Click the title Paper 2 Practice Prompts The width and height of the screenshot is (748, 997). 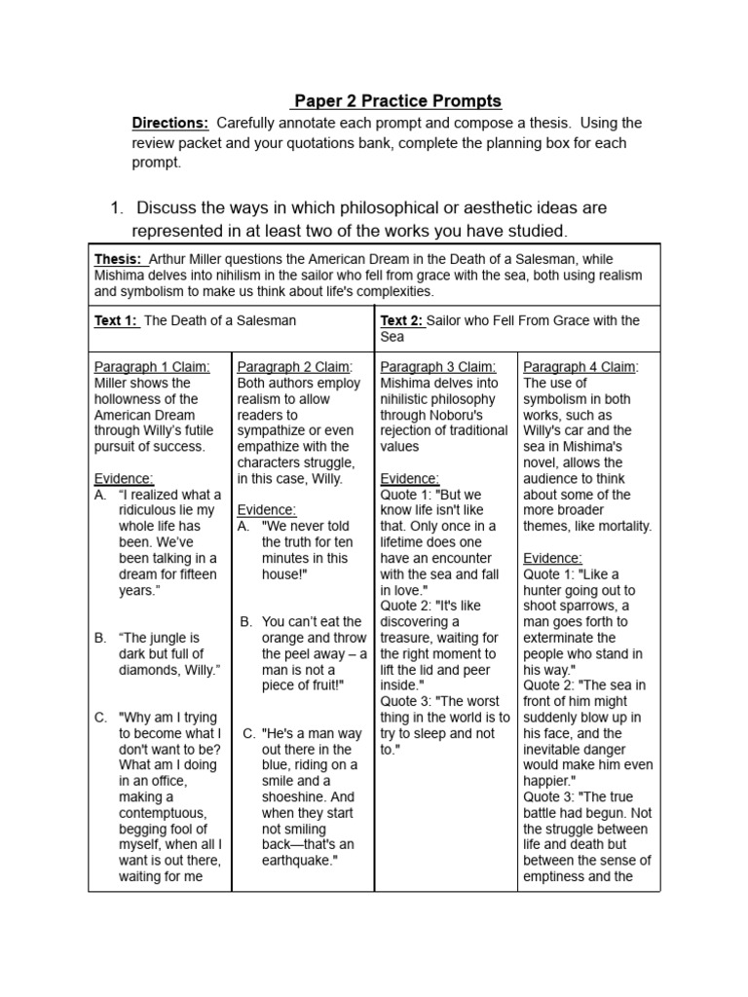pos(397,101)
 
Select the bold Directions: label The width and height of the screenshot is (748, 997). pos(170,123)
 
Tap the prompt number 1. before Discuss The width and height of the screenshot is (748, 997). pos(117,207)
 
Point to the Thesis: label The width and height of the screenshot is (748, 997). pos(118,259)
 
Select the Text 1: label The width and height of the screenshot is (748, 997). pos(117,320)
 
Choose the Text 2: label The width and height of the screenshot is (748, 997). pos(402,320)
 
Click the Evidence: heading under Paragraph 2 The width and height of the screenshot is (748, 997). pos(266,510)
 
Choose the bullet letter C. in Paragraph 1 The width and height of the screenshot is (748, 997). pos(100,718)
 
